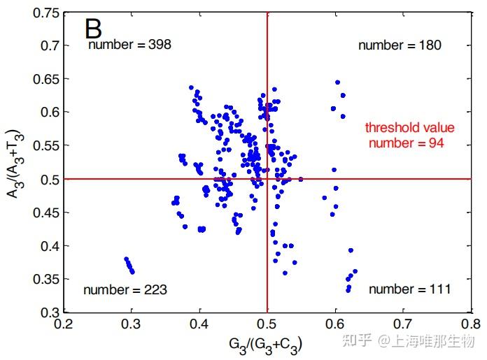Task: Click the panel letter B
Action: [94, 29]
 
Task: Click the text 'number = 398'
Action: [129, 45]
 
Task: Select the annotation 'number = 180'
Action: [400, 45]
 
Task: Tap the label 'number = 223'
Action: [125, 289]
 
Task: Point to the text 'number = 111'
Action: [409, 289]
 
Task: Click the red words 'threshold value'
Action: [409, 128]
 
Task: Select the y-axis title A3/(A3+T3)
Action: [15, 163]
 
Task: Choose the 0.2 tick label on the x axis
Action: [64, 324]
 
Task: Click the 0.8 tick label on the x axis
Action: [471, 324]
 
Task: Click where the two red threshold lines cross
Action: [267, 179]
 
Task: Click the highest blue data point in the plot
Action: [337, 82]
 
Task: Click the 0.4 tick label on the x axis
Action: [199, 324]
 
